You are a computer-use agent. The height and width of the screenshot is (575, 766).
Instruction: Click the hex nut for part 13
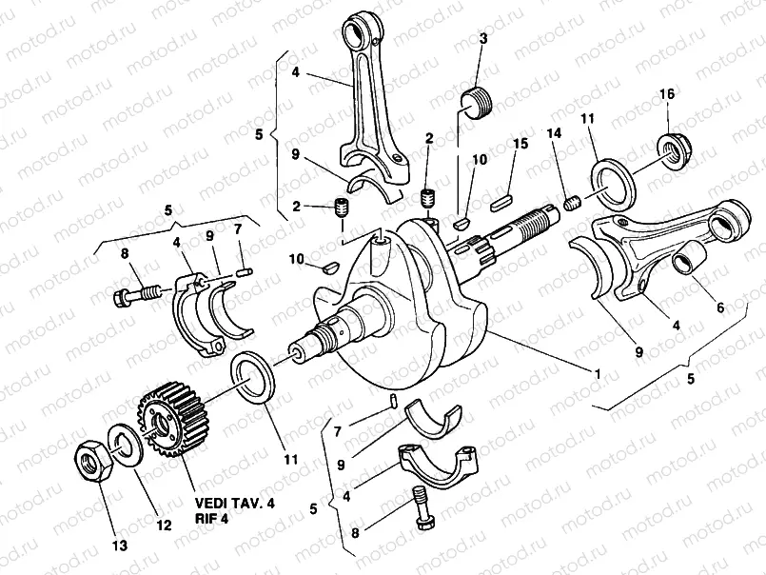click(93, 464)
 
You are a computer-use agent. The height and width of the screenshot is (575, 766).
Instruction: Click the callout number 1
click(596, 374)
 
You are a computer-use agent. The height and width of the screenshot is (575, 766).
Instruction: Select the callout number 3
click(482, 38)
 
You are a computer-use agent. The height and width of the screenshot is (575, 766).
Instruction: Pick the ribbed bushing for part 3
click(479, 100)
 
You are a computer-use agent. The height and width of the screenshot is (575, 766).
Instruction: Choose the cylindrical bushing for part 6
click(688, 258)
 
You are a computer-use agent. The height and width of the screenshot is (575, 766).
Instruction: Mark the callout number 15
click(520, 144)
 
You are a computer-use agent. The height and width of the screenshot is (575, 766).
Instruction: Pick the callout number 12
click(164, 525)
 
